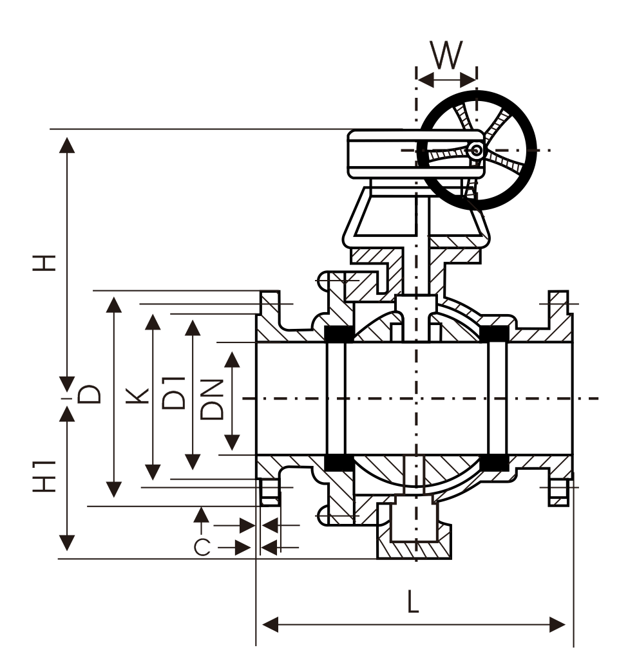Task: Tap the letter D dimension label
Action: pyautogui.click(x=91, y=394)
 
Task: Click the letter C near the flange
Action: pyautogui.click(x=202, y=547)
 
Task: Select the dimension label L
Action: pyautogui.click(x=413, y=601)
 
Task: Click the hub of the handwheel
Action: pyautogui.click(x=475, y=151)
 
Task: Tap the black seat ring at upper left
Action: pyautogui.click(x=338, y=335)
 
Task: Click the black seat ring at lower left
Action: pyautogui.click(x=338, y=462)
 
